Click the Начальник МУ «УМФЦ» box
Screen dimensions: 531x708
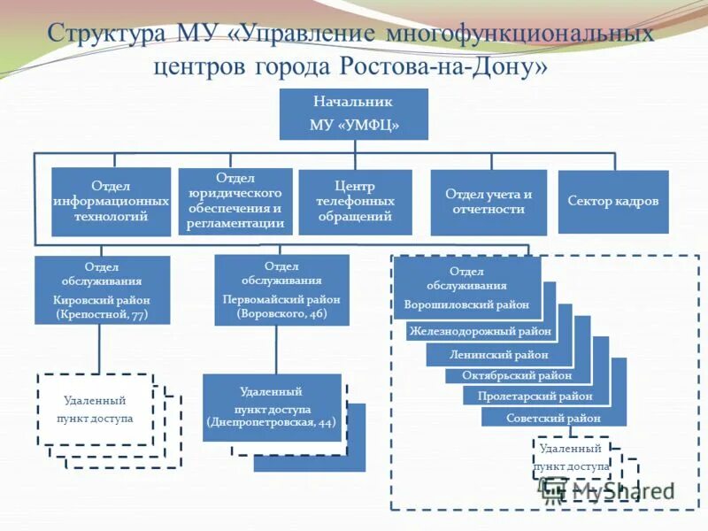(354, 114)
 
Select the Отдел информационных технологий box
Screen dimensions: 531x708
(111, 202)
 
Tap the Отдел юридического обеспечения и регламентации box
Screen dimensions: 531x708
(235, 202)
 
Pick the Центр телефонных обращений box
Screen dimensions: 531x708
(355, 202)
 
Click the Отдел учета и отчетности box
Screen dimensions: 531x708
(488, 202)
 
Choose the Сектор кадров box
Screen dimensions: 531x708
(612, 202)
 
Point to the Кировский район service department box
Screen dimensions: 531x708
(102, 289)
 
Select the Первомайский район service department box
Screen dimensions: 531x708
(281, 289)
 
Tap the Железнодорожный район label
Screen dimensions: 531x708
(481, 332)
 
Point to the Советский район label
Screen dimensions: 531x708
(553, 418)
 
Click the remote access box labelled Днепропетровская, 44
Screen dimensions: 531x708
(272, 406)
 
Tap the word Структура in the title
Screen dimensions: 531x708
(106, 35)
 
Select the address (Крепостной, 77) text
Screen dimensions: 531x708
(102, 314)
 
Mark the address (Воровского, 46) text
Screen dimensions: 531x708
(281, 314)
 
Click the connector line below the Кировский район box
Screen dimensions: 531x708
(100, 348)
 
